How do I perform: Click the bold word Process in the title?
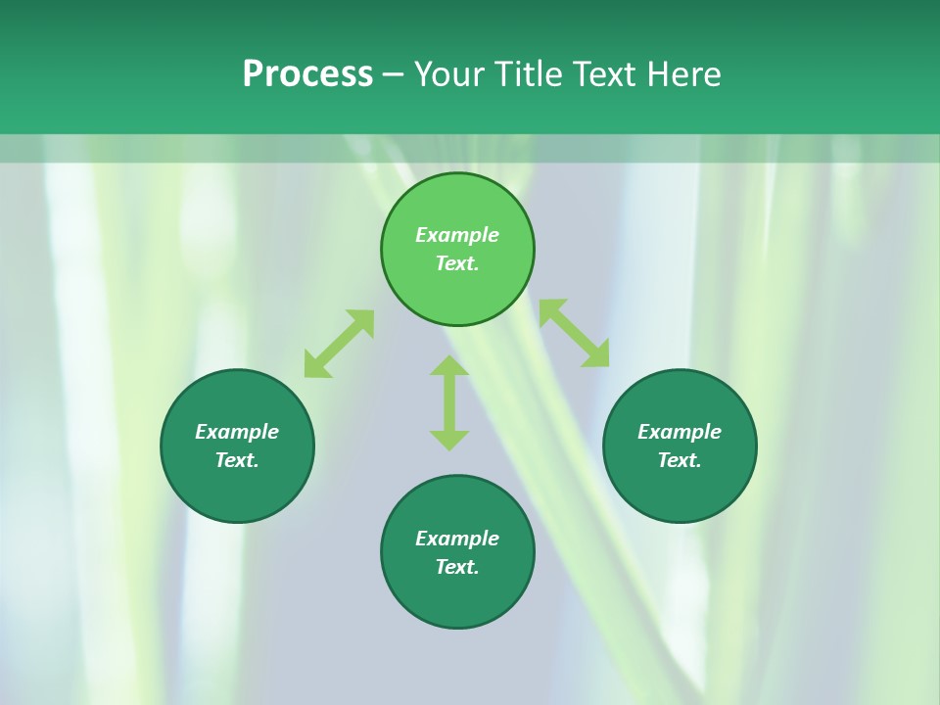coord(307,74)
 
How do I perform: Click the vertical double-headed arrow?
coord(449,402)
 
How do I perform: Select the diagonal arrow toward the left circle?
coord(339,344)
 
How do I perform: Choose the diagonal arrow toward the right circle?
coord(574,333)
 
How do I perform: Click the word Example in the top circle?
coord(457,235)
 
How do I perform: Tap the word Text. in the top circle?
coord(457,263)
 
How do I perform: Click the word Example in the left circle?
coord(237,432)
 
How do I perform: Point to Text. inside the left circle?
coord(237,460)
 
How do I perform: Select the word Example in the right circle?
coord(680,432)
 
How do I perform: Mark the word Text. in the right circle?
coord(680,460)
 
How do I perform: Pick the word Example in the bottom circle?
coord(457,539)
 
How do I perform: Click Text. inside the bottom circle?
coord(457,567)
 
